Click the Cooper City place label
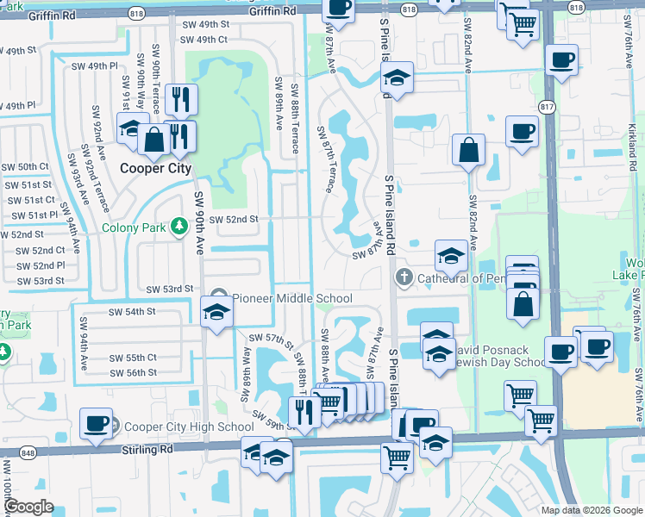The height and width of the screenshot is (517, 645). point(155,169)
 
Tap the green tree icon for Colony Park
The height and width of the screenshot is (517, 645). point(179,227)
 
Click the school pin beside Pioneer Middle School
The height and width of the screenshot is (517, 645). point(217,311)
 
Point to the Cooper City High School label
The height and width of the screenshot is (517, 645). point(189,427)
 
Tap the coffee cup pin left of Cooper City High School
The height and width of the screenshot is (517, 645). point(96,423)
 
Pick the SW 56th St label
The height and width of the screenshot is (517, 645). point(134,372)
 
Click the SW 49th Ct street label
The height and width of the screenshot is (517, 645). point(204,40)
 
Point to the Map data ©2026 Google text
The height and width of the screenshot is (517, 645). point(592,510)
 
